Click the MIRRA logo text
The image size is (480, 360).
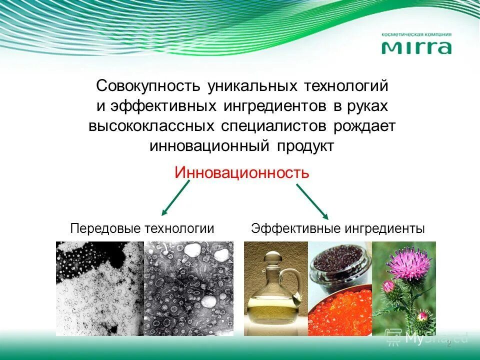(x=416, y=47)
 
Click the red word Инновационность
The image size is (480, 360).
(x=242, y=173)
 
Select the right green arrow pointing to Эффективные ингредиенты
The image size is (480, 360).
(x=312, y=201)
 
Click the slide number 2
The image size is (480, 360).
(x=448, y=344)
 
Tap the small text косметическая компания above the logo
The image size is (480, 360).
(x=416, y=35)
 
